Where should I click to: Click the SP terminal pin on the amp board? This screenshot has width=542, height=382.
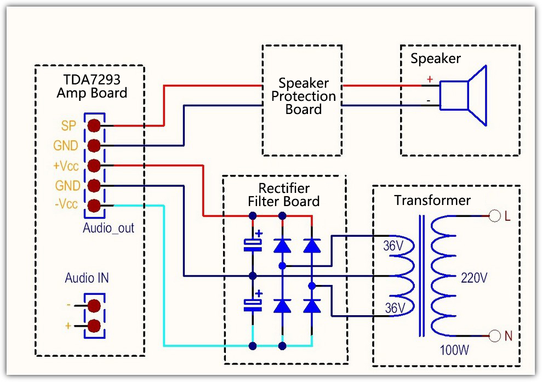tap(94, 126)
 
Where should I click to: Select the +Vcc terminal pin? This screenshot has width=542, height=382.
tap(94, 166)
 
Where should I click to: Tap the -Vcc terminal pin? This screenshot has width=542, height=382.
tap(94, 206)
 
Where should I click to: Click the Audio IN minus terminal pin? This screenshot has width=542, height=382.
tap(94, 305)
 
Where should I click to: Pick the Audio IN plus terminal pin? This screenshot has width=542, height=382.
tap(94, 325)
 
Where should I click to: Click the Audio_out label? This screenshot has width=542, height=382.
tap(109, 227)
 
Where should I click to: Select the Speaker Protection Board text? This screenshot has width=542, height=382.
tap(304, 96)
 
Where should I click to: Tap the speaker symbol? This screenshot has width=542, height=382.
tap(464, 96)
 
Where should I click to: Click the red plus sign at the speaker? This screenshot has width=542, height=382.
tap(430, 79)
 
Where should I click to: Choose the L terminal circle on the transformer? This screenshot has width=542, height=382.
tap(495, 216)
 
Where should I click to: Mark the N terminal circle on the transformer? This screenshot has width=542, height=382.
tap(495, 335)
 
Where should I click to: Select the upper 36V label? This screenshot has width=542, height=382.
tap(393, 246)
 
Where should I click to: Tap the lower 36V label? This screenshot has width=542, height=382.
tap(393, 309)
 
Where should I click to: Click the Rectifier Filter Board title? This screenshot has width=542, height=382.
tap(284, 195)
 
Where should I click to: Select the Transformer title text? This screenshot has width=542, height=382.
tap(432, 201)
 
